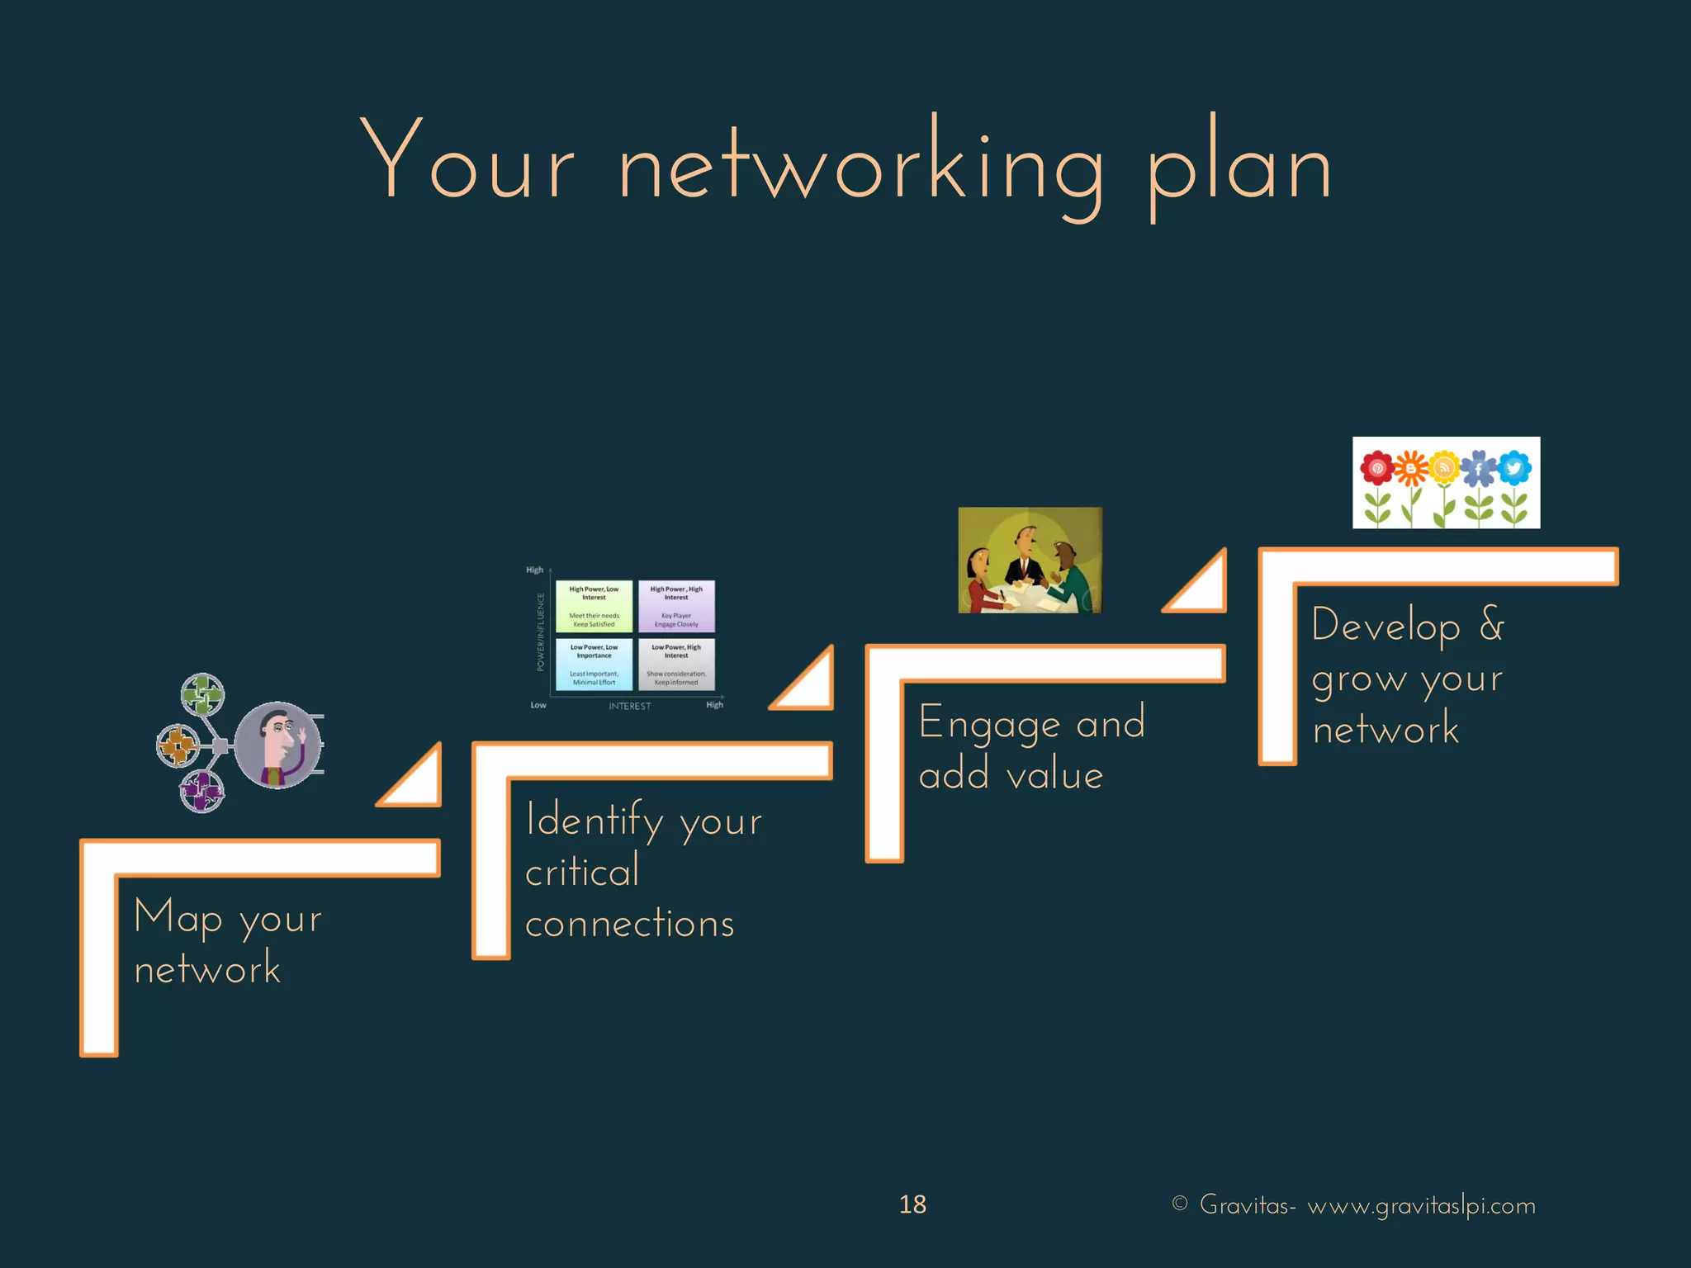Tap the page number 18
(x=912, y=1204)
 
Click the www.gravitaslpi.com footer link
(x=1421, y=1206)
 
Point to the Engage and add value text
(x=1030, y=748)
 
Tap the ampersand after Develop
(x=1491, y=624)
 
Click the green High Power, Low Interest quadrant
(x=594, y=606)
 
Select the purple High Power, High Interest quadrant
(x=676, y=606)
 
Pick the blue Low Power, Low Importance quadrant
(x=594, y=664)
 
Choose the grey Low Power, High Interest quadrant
(x=676, y=664)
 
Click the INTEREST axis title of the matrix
(x=629, y=706)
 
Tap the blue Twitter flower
(x=1513, y=469)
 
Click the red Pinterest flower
(x=1376, y=469)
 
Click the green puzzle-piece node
(x=202, y=695)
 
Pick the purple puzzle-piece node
(x=201, y=792)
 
